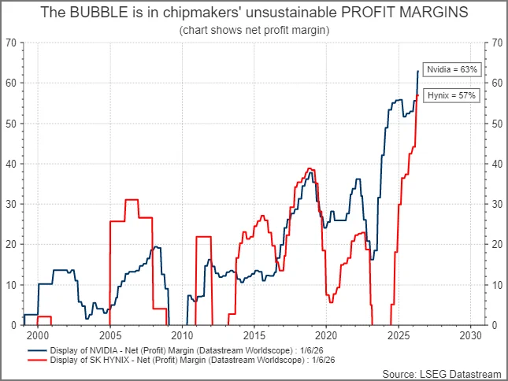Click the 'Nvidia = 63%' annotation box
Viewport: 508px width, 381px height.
pyautogui.click(x=452, y=69)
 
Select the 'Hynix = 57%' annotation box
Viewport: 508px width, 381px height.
pyautogui.click(x=451, y=95)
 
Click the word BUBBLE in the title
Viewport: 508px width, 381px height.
pyautogui.click(x=98, y=13)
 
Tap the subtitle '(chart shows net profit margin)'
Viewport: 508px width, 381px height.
pyautogui.click(x=254, y=30)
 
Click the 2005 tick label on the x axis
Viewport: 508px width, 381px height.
pyautogui.click(x=110, y=335)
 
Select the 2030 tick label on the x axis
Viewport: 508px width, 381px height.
pyautogui.click(x=470, y=335)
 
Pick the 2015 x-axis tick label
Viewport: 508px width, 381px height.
pyautogui.click(x=254, y=335)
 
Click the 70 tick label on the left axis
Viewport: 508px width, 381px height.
pyautogui.click(x=11, y=43)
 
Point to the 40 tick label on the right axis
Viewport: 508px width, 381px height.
pyautogui.click(x=497, y=164)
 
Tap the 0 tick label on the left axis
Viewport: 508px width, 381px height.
pyautogui.click(x=13, y=325)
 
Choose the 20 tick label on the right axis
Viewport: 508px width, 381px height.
pyautogui.click(x=497, y=244)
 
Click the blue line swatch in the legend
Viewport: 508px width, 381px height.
pyautogui.click(x=37, y=350)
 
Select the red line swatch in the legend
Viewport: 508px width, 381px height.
pyautogui.click(x=37, y=360)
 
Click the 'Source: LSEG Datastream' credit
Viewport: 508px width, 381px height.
pyautogui.click(x=442, y=374)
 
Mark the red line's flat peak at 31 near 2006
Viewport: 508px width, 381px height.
pyautogui.click(x=132, y=200)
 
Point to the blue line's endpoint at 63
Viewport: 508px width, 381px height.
pyautogui.click(x=418, y=71)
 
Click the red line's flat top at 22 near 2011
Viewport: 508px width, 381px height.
pyautogui.click(x=204, y=237)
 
